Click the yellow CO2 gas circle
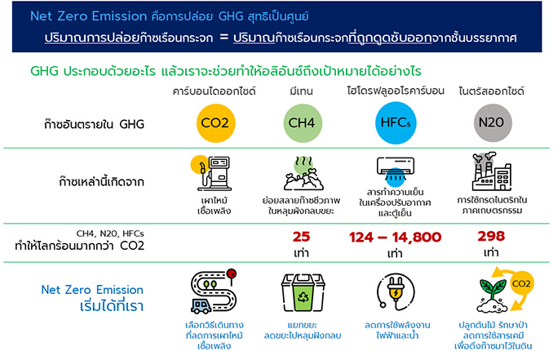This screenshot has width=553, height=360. click(x=215, y=122)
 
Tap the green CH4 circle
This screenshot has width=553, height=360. click(x=303, y=122)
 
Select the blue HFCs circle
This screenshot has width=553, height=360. click(x=396, y=122)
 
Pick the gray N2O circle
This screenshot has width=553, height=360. click(x=493, y=122)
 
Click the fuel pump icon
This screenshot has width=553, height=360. click(x=211, y=173)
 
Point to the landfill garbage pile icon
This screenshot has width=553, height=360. click(x=303, y=174)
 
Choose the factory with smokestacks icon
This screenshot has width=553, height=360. click(x=491, y=171)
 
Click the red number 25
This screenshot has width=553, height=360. click(x=301, y=237)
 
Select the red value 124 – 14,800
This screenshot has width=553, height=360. click(x=395, y=238)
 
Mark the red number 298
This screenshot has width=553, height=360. click(x=491, y=236)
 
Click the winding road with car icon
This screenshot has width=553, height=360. click(x=214, y=291)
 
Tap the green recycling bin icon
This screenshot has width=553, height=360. click(x=303, y=292)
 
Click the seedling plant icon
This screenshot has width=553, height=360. click(x=492, y=296)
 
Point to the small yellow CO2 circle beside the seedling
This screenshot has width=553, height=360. click(x=522, y=283)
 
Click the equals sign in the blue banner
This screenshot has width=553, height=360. click(x=224, y=37)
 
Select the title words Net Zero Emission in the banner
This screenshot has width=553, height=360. click(x=88, y=16)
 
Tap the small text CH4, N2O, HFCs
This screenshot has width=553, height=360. click(x=110, y=233)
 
